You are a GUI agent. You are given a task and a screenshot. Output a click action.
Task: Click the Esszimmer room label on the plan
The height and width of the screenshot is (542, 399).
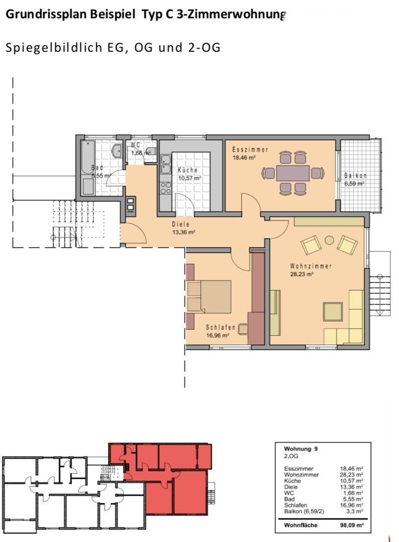(x=250, y=150)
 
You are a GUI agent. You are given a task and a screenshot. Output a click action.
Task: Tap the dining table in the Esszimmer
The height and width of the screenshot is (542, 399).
(x=293, y=173)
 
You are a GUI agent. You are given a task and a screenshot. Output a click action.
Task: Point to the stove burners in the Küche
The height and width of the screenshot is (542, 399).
(x=166, y=188)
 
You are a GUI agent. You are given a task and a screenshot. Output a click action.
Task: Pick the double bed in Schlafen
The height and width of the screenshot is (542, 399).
(x=209, y=297)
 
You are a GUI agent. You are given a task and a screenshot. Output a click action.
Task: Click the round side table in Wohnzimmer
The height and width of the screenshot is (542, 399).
(x=329, y=240)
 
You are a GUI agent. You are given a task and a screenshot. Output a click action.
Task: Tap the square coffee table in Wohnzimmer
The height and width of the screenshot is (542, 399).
(x=333, y=312)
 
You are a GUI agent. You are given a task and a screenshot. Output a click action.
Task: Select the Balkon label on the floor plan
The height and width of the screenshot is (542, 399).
(x=355, y=176)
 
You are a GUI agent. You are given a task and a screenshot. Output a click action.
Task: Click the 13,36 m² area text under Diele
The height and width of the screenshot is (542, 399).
(x=184, y=232)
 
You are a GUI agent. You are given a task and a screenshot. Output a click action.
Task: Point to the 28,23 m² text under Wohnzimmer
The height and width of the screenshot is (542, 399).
(x=302, y=275)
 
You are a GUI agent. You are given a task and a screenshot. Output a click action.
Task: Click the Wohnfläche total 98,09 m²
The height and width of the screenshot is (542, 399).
(x=352, y=525)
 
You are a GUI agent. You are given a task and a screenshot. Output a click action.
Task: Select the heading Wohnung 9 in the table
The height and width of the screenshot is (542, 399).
(x=301, y=449)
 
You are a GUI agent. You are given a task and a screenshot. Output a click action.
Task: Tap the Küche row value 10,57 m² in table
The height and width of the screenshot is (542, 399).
(x=352, y=481)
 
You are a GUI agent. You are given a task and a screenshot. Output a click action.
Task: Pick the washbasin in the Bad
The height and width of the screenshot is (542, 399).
(x=117, y=151)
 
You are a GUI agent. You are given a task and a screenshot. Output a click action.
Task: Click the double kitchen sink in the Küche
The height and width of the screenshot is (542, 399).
(x=166, y=164)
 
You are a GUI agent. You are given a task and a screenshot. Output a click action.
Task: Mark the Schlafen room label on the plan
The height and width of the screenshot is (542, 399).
(x=221, y=327)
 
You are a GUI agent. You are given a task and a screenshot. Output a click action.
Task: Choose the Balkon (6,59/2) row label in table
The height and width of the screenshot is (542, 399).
(x=304, y=511)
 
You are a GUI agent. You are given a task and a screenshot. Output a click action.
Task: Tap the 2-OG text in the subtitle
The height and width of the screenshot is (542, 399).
(x=204, y=47)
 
